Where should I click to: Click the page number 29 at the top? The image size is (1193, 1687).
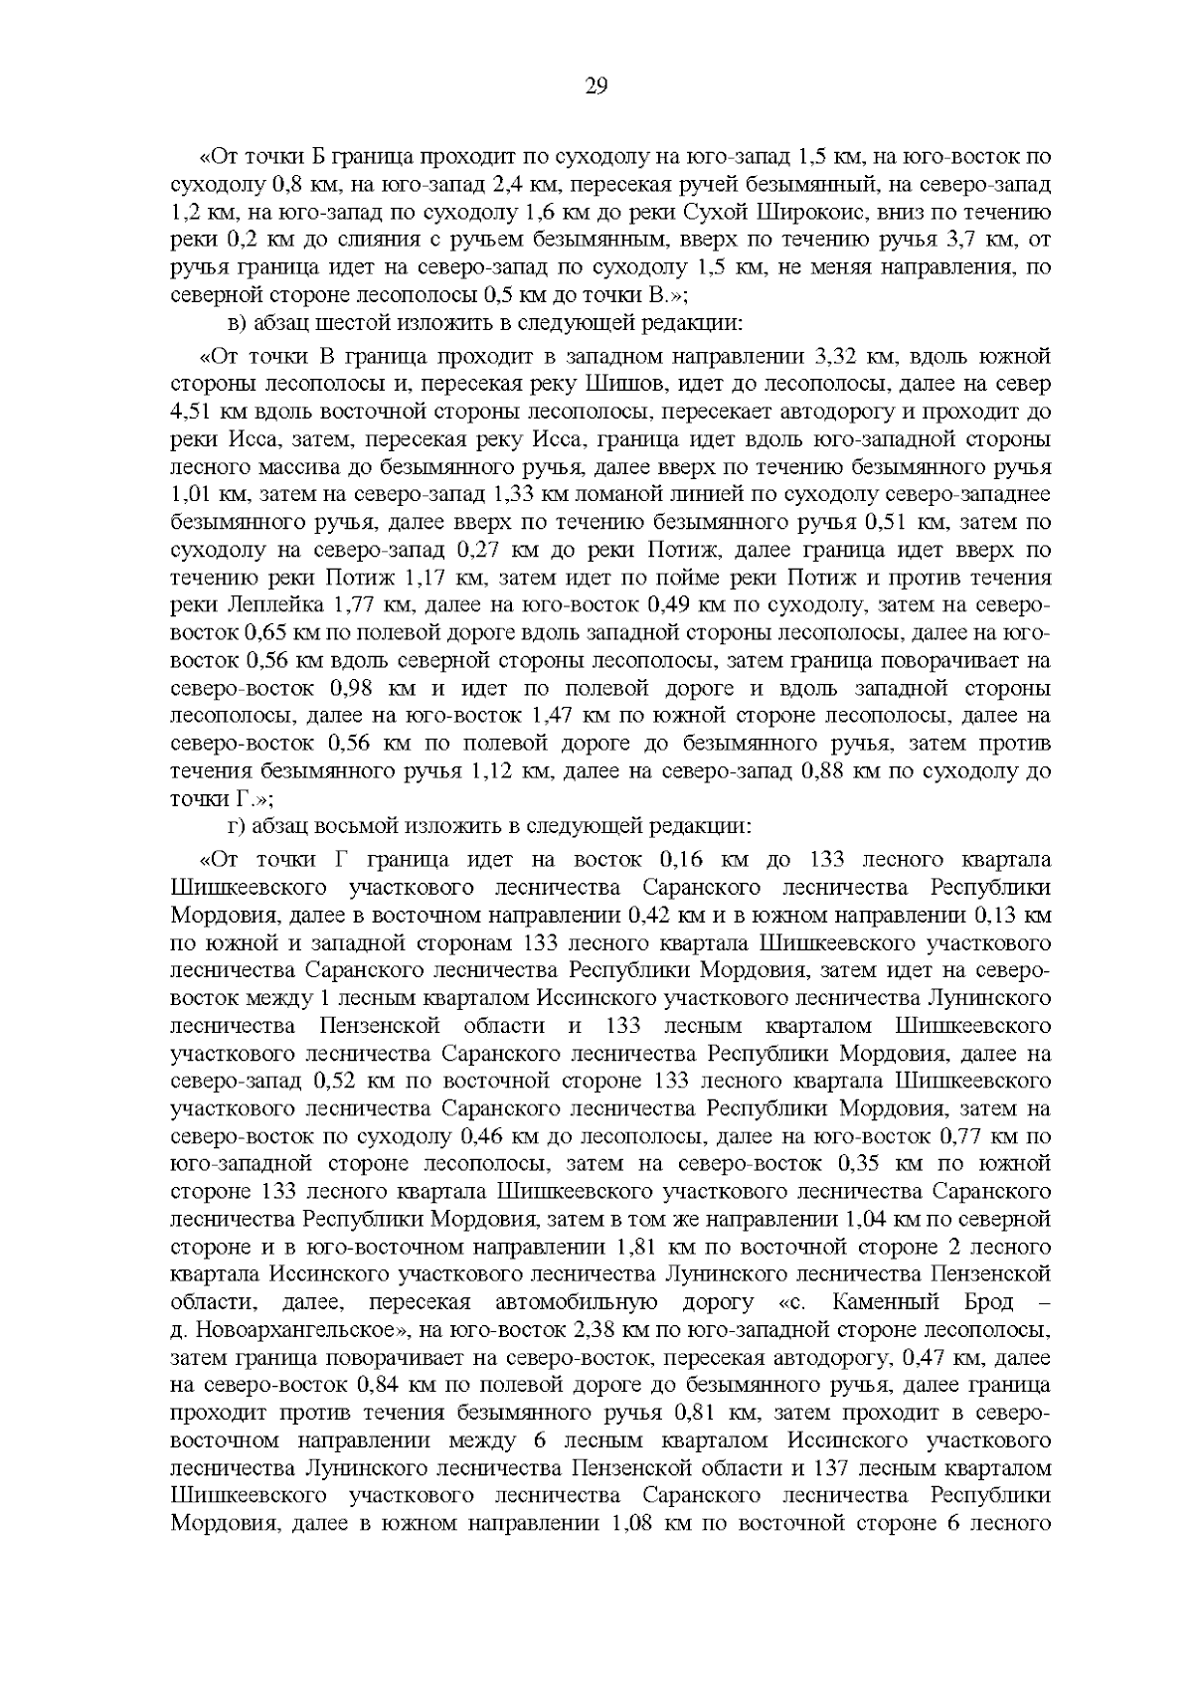click(x=596, y=85)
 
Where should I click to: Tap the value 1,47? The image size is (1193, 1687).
click(x=554, y=715)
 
